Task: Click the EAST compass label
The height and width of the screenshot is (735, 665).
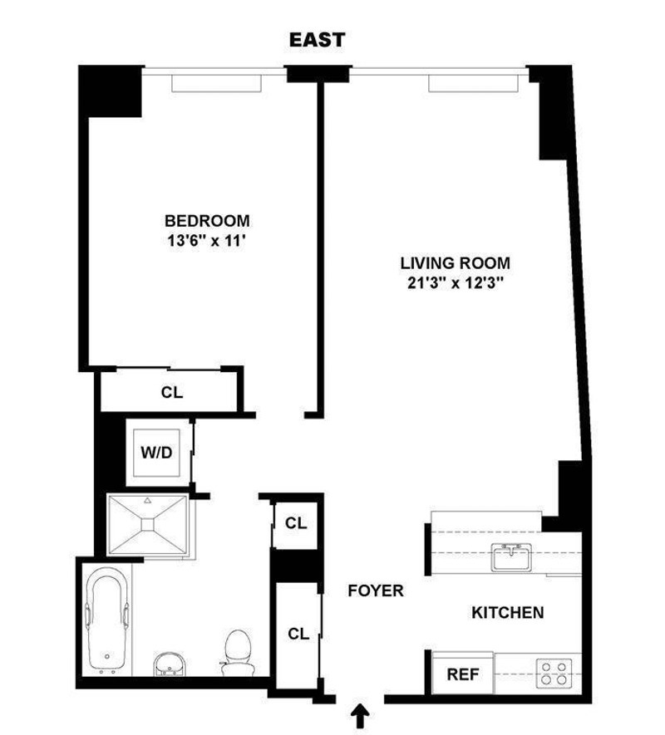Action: click(317, 40)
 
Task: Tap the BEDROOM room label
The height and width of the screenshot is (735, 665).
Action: click(207, 221)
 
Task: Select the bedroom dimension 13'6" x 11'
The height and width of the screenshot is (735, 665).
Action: click(207, 243)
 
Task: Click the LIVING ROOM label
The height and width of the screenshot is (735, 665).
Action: click(454, 262)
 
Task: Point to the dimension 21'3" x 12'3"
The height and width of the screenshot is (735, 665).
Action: click(454, 283)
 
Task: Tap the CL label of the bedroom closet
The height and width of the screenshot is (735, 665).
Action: click(172, 392)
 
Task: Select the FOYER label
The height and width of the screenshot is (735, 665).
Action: click(376, 591)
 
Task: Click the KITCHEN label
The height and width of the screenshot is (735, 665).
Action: click(508, 613)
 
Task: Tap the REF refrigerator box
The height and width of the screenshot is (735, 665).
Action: click(463, 674)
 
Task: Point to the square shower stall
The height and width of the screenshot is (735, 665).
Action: click(146, 524)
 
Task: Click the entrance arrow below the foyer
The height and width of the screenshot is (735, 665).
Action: click(361, 713)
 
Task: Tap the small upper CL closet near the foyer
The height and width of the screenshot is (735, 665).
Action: click(295, 523)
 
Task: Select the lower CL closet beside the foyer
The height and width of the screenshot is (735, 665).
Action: click(297, 633)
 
